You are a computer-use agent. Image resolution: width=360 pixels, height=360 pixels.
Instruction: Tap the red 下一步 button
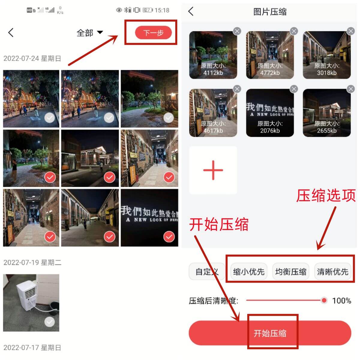coord(153,33)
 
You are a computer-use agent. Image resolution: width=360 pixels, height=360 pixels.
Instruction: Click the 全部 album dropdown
coord(89,33)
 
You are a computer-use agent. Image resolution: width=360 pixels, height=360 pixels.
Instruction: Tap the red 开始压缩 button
coord(270,333)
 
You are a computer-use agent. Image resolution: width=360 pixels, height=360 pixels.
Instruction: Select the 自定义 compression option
coord(207,272)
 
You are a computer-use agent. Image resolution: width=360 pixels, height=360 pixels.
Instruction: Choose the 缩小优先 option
coord(249,272)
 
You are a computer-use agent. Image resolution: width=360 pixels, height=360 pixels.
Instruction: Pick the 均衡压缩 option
coord(291,272)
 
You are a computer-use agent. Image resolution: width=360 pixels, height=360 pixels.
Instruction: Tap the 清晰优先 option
coord(332,272)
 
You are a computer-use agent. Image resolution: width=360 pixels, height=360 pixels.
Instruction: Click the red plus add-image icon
coord(213,170)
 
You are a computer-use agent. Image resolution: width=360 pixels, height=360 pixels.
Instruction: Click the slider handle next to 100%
coord(324,300)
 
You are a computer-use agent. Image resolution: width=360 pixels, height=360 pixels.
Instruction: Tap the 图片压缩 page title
coord(270,12)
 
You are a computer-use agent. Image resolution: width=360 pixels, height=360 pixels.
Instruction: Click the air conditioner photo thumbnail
coord(31,302)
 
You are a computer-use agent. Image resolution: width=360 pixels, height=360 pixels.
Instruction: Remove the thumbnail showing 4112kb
coord(237,31)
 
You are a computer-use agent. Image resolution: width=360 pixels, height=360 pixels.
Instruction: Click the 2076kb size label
coord(270,131)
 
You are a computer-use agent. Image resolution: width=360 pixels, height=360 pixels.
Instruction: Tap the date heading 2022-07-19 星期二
coord(32,262)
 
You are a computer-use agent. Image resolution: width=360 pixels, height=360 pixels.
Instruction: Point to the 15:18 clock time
coord(162,10)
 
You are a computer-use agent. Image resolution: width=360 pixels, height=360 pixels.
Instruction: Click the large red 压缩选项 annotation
coord(326,196)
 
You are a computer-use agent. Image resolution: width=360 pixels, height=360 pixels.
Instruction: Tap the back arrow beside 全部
coord(11,33)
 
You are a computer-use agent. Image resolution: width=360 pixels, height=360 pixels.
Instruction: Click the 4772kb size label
coord(270,73)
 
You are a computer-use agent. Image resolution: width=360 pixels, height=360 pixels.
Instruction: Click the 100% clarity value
coord(342,301)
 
